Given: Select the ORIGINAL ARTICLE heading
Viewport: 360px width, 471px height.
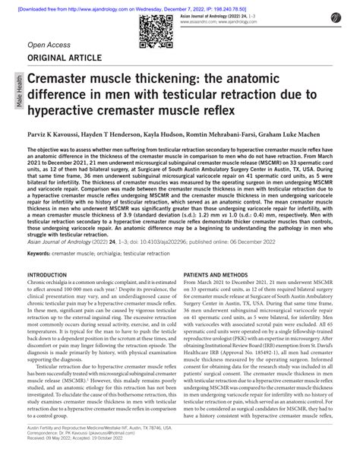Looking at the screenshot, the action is point(67,59).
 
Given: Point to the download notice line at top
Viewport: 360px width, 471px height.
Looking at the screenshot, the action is point(179,4).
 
